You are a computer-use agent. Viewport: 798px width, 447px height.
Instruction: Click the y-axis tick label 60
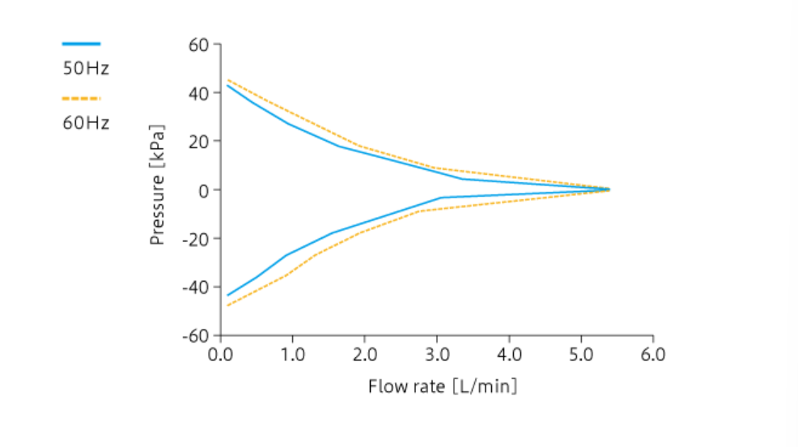198,44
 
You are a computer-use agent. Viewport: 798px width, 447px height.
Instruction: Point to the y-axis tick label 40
198,92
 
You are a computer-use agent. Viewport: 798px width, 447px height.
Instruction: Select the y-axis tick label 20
198,141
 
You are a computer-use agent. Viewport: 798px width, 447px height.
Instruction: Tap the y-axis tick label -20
195,238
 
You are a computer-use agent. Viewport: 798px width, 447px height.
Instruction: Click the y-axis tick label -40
195,287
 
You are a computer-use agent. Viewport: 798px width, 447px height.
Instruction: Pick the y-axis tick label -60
195,335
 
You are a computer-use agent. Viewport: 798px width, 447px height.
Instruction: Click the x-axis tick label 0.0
219,355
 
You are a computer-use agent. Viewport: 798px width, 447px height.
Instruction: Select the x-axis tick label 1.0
291,355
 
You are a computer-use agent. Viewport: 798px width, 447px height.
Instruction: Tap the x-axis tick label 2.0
364,355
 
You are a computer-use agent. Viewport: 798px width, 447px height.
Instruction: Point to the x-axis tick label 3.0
436,355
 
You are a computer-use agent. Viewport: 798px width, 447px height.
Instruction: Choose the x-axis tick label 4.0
508,355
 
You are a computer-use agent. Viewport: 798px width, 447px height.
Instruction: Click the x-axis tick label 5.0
580,355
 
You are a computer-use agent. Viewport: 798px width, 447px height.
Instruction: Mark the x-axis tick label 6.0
652,355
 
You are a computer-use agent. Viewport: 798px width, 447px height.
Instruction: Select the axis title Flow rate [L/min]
442,386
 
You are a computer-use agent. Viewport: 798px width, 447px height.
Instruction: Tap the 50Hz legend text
86,69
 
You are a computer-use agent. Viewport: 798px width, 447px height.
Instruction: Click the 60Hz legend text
86,124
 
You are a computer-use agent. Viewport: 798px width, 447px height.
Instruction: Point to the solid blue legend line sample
81,44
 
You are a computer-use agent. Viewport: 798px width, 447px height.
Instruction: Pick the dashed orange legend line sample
81,99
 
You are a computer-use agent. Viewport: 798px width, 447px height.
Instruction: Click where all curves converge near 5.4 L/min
608,189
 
